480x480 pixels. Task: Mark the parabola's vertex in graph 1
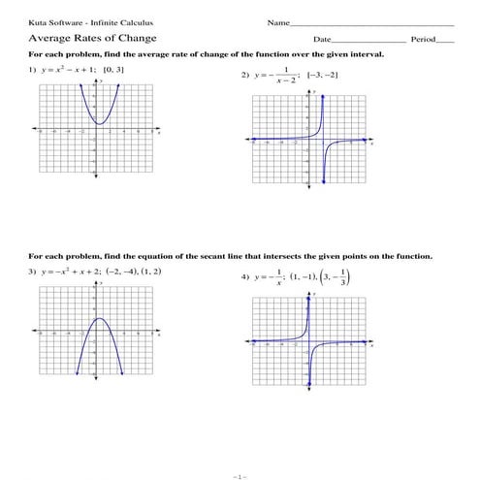[101, 123]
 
